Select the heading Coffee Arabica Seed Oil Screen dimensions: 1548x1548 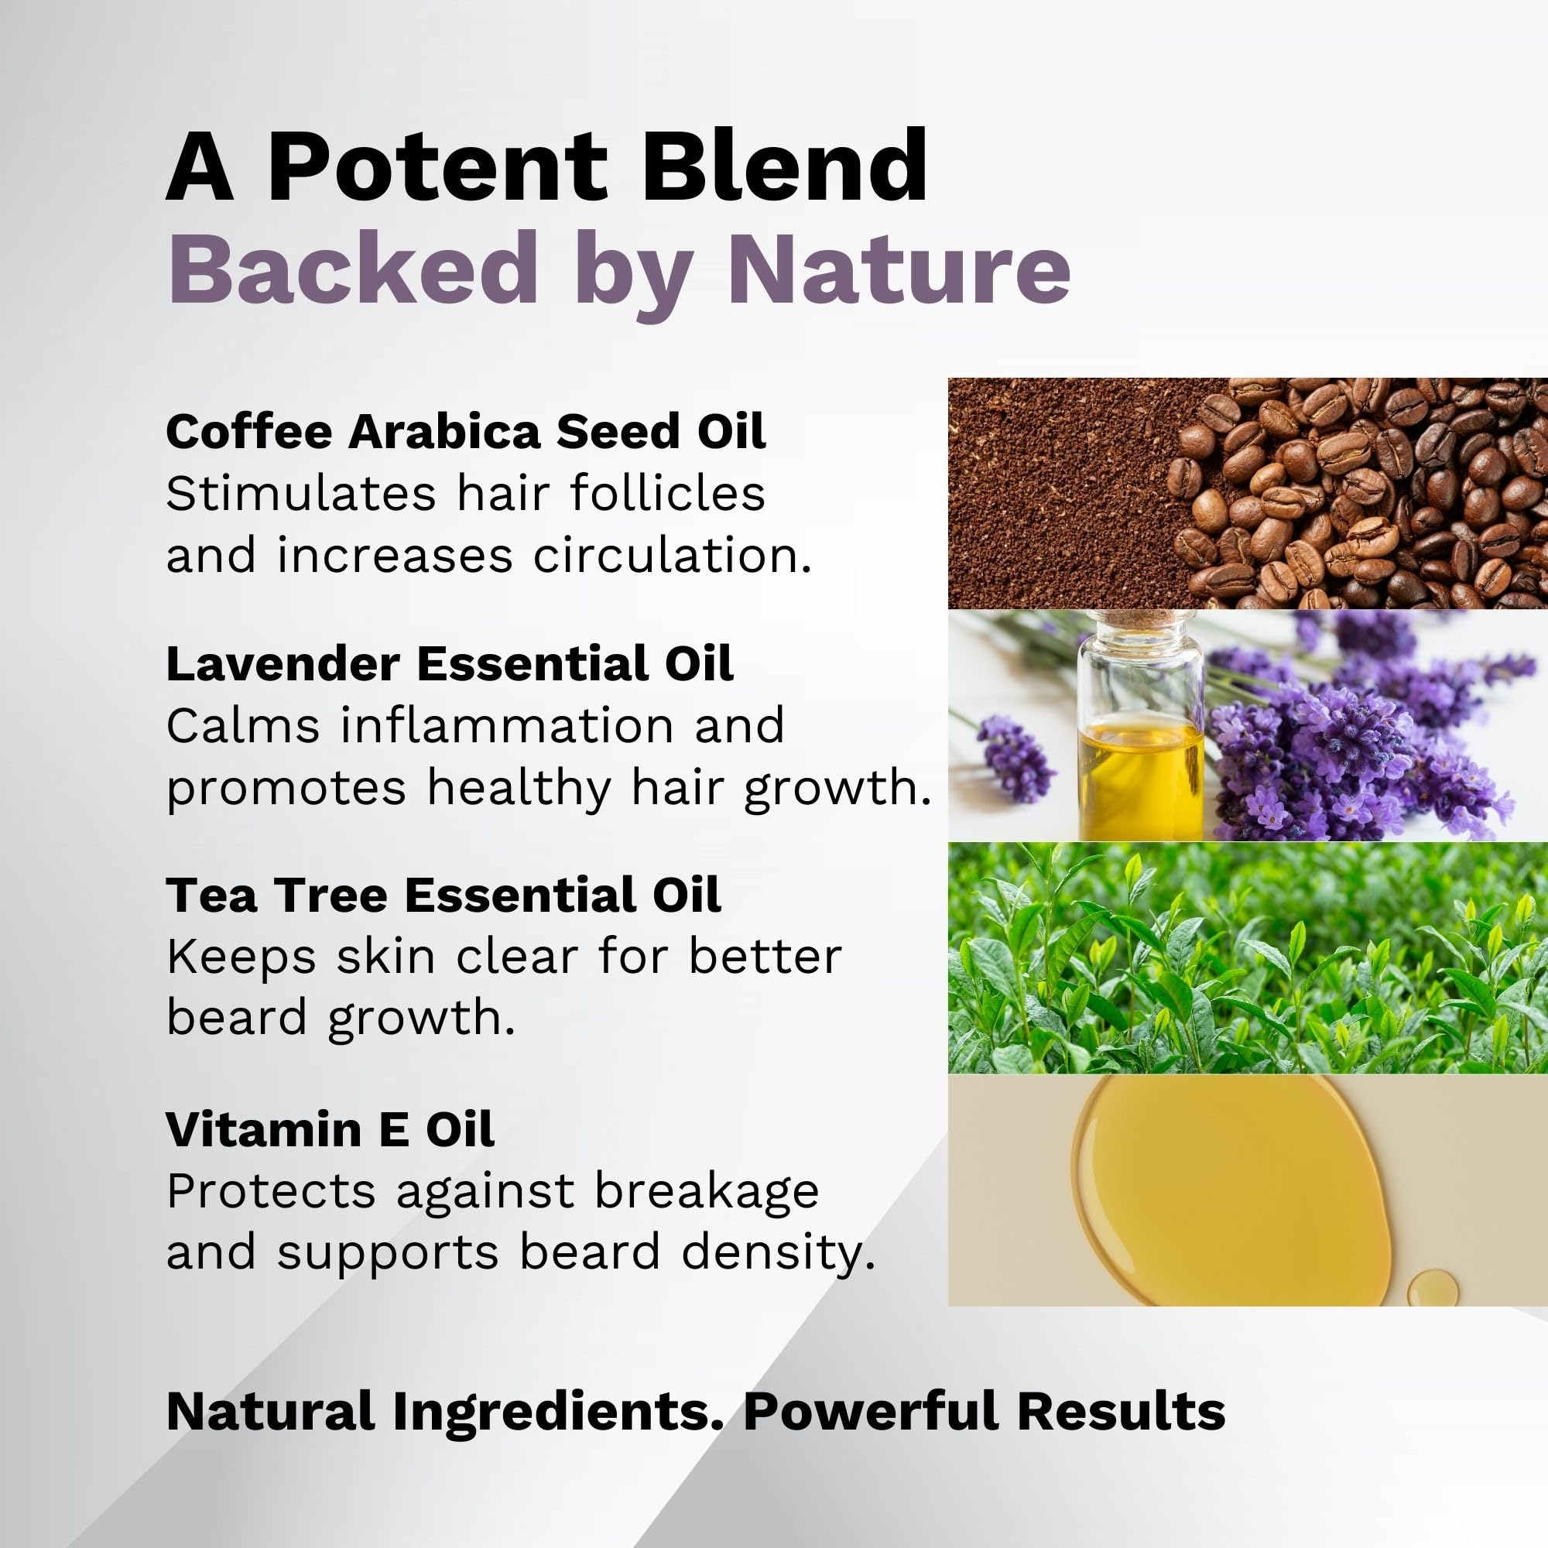click(x=465, y=431)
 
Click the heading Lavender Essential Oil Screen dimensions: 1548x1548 click(x=450, y=663)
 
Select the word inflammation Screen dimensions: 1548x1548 click(x=506, y=726)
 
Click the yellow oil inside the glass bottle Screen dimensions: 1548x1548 click(x=1141, y=776)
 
